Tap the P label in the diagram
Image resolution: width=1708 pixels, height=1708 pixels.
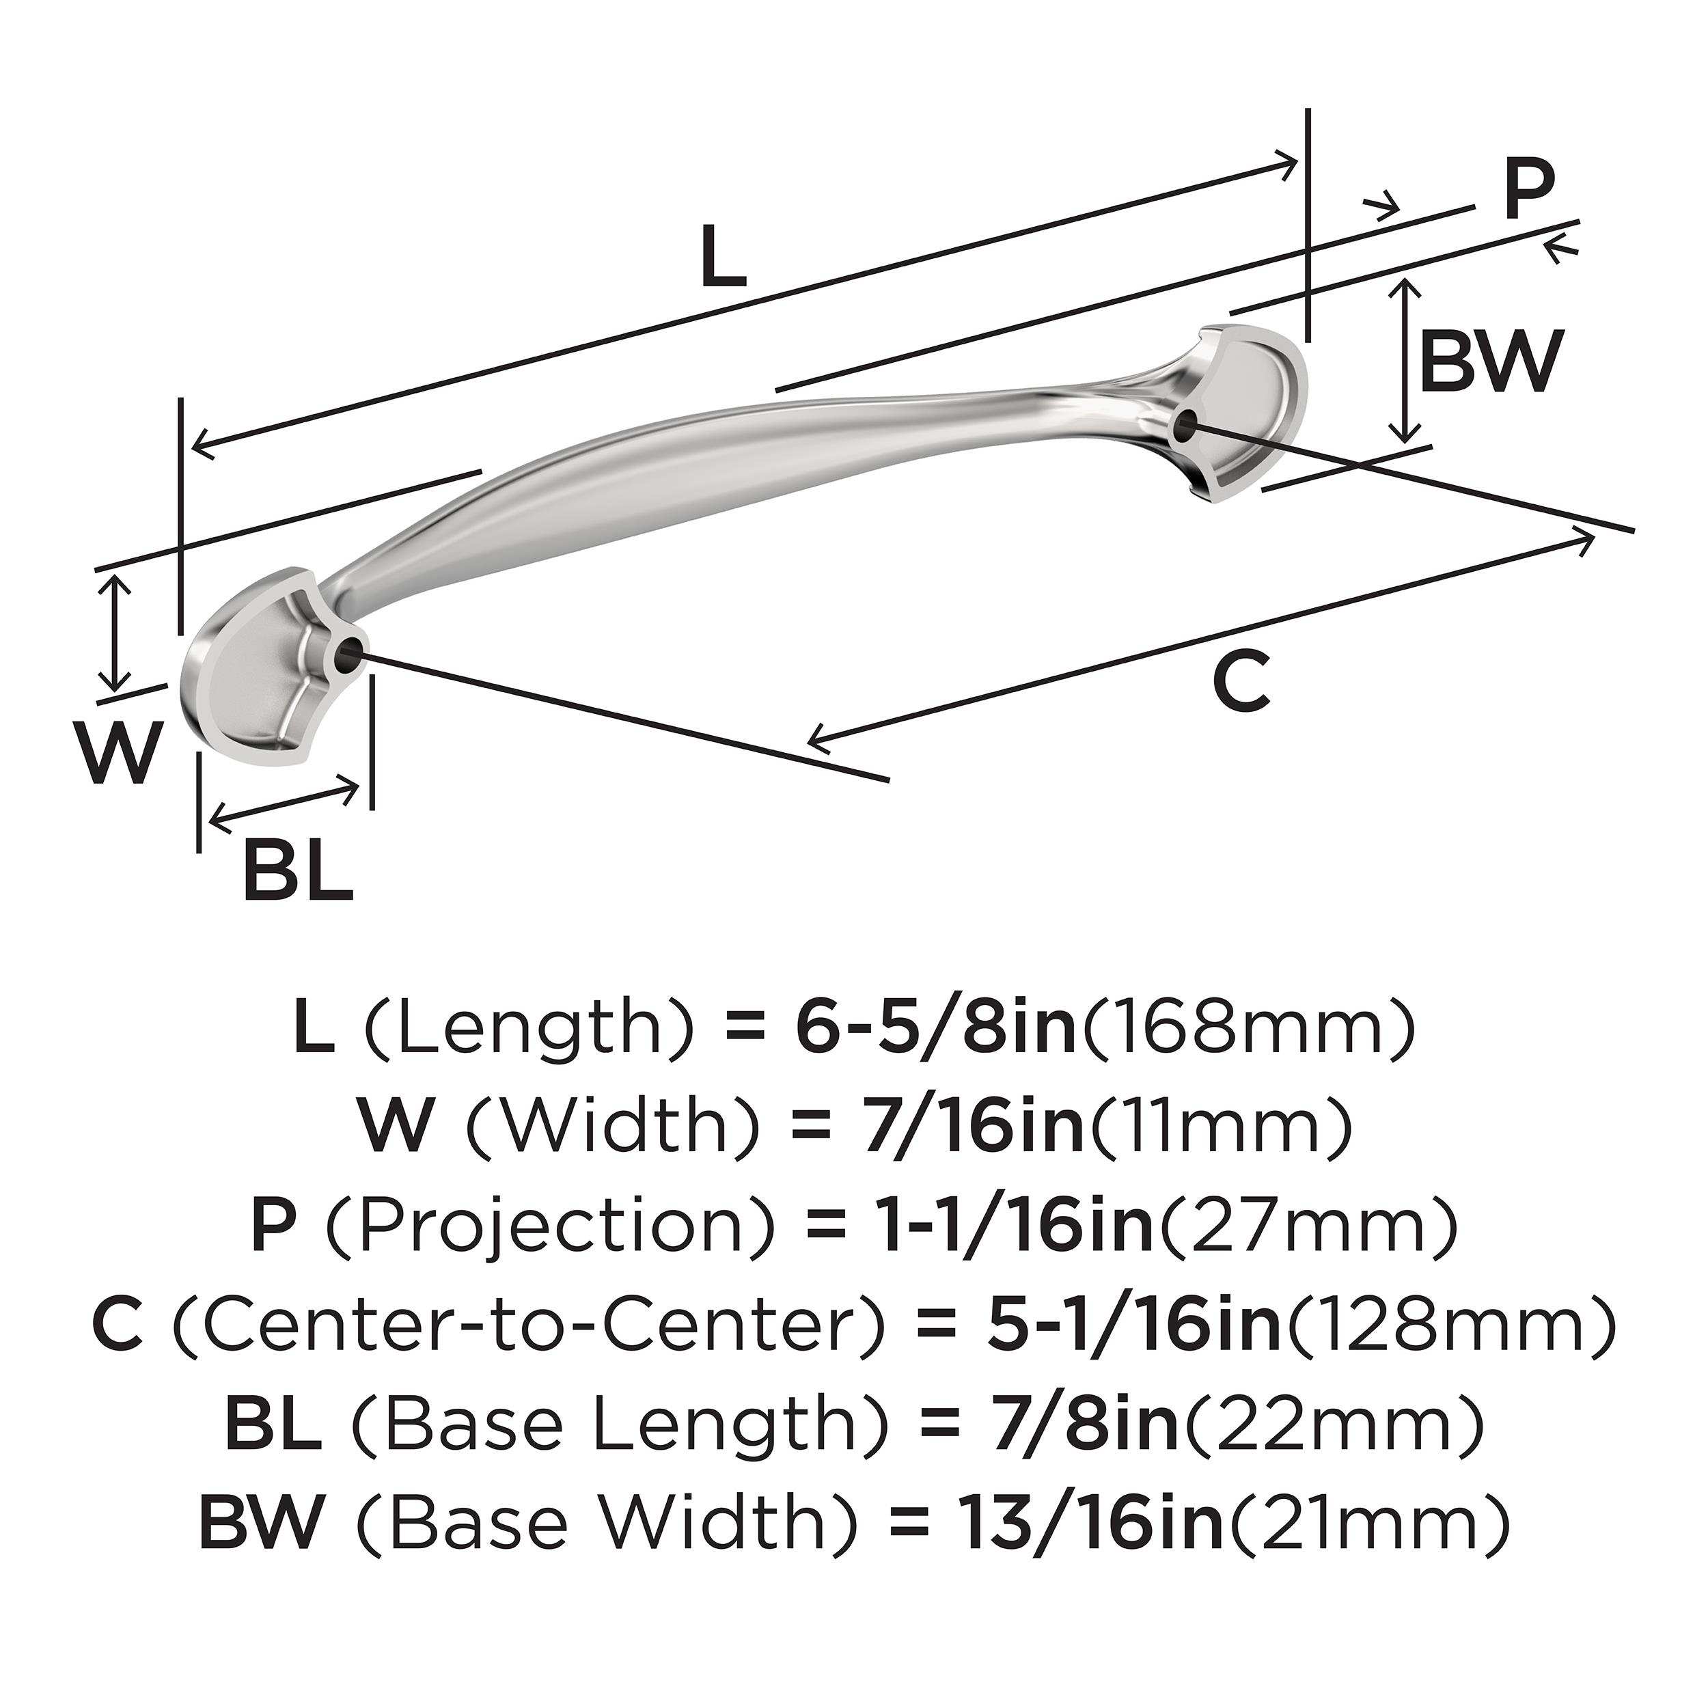[x=1528, y=189]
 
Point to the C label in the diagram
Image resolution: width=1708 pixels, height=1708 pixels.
[x=1242, y=680]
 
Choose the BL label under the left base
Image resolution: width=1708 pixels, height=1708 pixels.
[x=298, y=869]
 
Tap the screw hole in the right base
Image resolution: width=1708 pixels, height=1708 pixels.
[x=1184, y=426]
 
